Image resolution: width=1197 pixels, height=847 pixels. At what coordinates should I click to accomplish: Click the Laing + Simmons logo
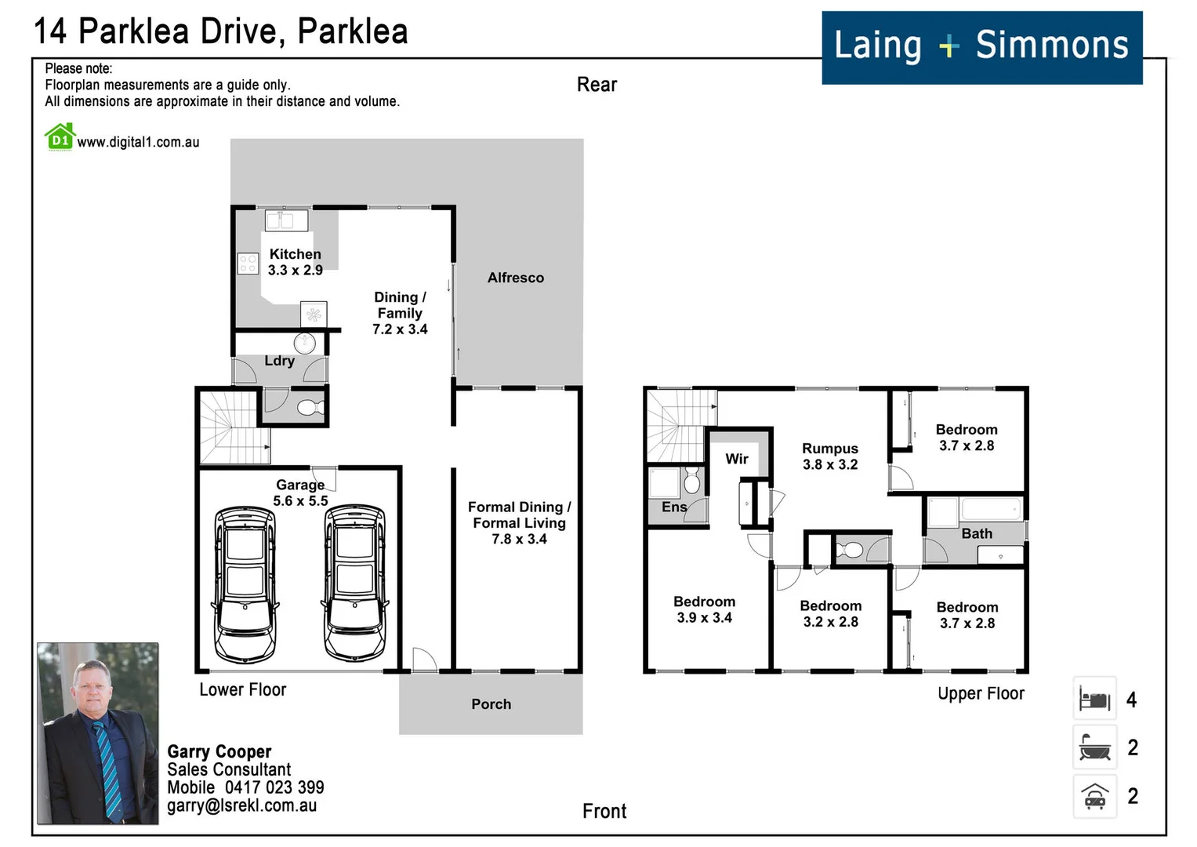[981, 48]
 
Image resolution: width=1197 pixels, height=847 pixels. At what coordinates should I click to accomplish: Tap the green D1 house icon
[60, 137]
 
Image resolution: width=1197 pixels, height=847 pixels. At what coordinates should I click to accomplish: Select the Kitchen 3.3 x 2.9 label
[295, 262]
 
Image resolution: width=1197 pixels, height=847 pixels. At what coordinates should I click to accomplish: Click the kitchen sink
[286, 220]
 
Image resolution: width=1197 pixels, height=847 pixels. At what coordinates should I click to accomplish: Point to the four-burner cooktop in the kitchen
[248, 264]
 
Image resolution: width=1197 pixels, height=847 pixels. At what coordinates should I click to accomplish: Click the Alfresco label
[516, 278]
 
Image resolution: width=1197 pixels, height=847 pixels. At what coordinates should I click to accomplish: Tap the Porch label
[491, 704]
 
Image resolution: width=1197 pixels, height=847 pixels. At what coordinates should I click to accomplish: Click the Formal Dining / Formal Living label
[520, 523]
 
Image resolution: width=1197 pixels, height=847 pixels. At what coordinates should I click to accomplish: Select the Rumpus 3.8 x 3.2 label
[830, 456]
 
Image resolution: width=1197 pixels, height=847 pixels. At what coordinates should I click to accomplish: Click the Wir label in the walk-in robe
[736, 459]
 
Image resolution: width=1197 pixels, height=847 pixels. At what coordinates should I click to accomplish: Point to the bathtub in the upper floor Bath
[992, 508]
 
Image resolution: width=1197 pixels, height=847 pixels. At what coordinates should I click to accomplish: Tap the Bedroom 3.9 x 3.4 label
[704, 609]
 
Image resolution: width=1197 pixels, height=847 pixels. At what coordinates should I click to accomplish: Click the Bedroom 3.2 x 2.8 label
[830, 614]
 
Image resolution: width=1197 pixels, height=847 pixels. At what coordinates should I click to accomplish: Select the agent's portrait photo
[98, 733]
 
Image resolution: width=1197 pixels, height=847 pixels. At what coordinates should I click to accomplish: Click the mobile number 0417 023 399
[274, 787]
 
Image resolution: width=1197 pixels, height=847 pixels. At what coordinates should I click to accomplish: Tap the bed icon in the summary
[1094, 698]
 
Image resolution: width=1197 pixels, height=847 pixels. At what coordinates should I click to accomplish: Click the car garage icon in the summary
[1094, 796]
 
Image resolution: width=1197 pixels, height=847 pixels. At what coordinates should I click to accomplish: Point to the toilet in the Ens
[691, 481]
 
